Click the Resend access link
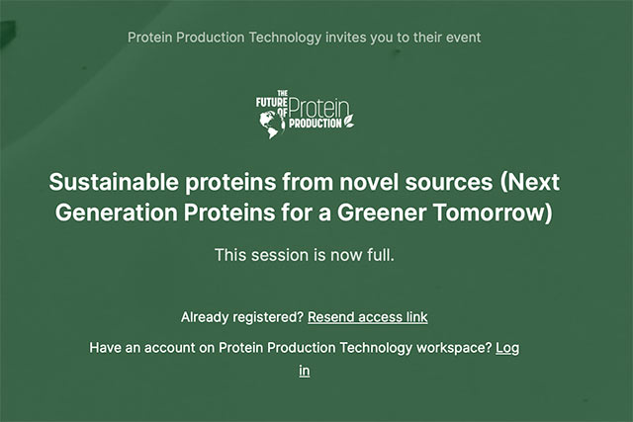tap(367, 317)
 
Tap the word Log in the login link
tap(507, 348)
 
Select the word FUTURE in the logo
tap(269, 102)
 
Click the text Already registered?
tap(242, 317)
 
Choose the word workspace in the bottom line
tap(442, 348)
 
